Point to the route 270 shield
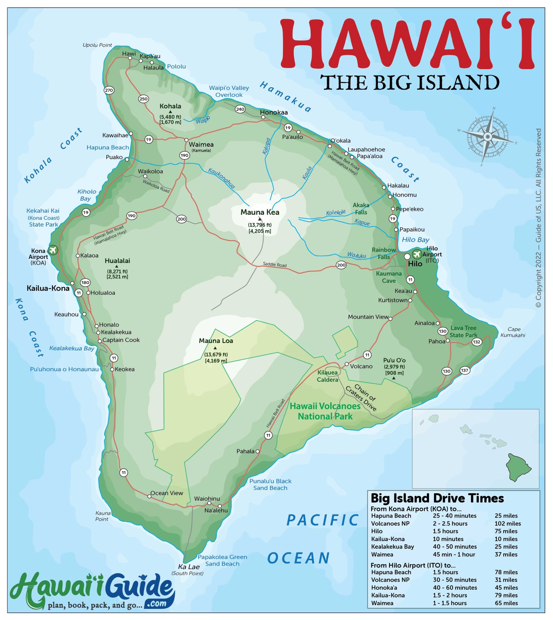109,90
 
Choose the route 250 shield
143,99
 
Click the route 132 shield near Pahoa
476,342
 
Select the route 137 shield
465,370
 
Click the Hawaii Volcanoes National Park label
325,411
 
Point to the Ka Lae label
189,567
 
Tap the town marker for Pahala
258,451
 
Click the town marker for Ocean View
149,496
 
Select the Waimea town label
201,145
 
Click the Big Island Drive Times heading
437,498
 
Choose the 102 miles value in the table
507,523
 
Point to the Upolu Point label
97,45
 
